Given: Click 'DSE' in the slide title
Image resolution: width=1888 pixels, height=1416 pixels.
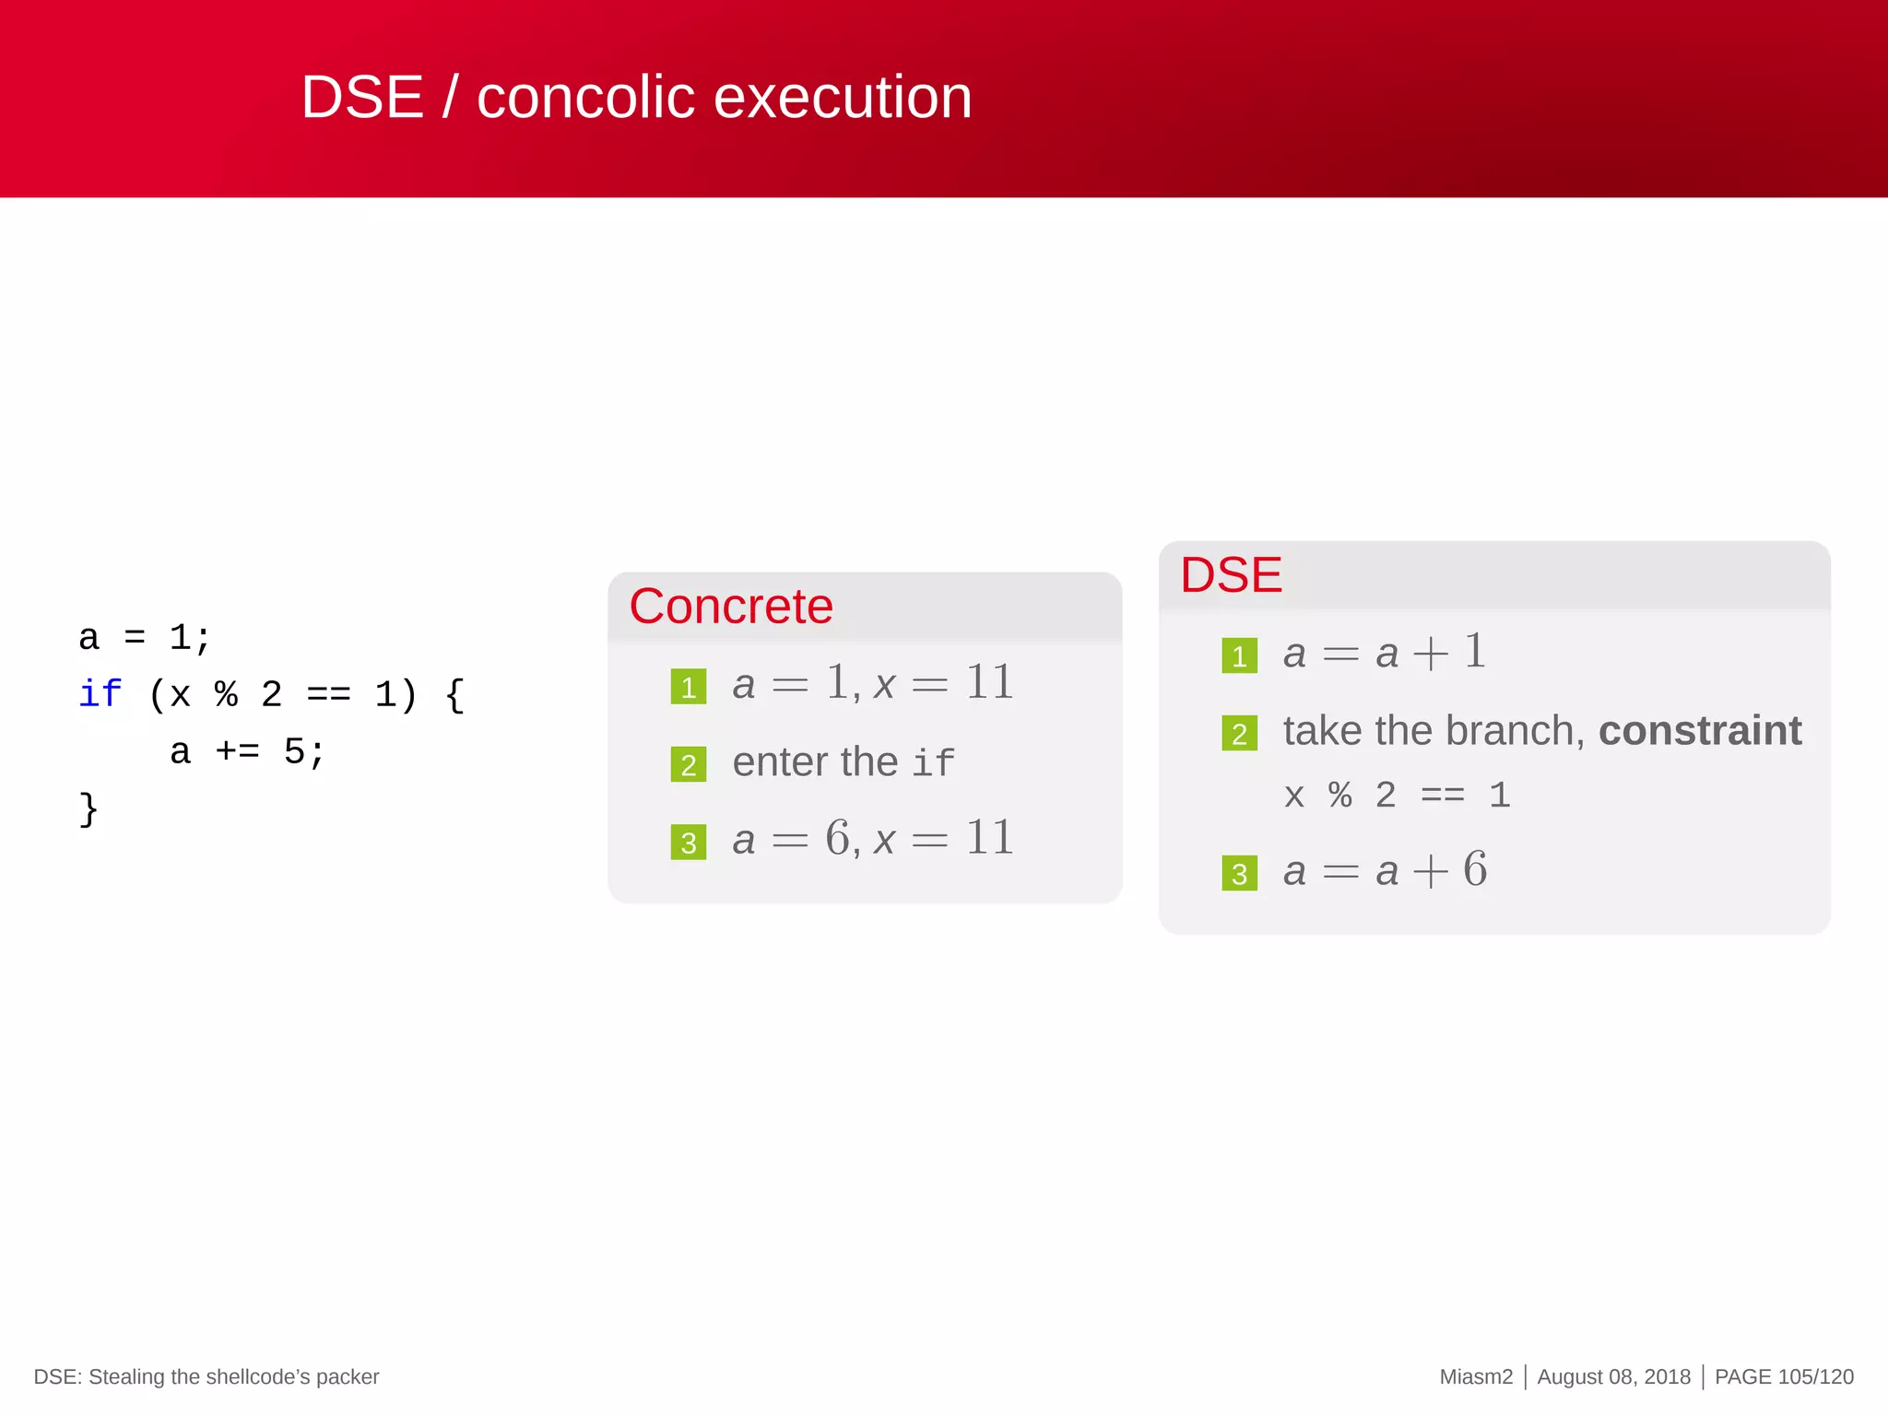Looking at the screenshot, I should [361, 98].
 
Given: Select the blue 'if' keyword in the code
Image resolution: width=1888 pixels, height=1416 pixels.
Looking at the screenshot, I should [100, 694].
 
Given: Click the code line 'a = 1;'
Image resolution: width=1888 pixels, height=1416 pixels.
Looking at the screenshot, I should [145, 637].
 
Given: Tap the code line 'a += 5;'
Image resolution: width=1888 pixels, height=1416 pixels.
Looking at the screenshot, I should [247, 752].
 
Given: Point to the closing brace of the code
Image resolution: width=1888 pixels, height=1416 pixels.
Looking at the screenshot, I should [88, 809].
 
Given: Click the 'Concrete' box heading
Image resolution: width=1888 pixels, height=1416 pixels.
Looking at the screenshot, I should [731, 607].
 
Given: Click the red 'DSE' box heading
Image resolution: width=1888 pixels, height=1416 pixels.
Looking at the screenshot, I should [1231, 575].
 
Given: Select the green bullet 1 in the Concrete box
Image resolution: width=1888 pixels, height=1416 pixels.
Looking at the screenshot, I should [689, 687].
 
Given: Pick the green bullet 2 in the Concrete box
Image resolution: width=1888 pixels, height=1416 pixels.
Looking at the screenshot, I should [689, 764].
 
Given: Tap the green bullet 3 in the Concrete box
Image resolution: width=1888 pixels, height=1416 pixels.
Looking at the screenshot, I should [689, 843].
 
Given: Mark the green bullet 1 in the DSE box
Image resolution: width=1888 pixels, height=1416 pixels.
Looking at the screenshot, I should [1239, 656].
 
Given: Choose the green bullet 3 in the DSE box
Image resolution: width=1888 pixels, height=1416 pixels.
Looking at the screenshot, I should [1239, 873].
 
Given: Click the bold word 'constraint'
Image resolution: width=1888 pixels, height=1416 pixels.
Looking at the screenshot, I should [1699, 731].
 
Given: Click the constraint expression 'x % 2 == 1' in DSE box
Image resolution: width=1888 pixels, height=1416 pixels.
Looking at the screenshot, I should [1397, 795].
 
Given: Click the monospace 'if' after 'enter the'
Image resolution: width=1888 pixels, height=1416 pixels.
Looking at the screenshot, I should [933, 763].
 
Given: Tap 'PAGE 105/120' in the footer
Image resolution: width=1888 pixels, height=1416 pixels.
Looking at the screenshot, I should [1783, 1376].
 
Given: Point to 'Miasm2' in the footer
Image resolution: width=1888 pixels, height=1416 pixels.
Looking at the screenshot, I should [1476, 1376].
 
